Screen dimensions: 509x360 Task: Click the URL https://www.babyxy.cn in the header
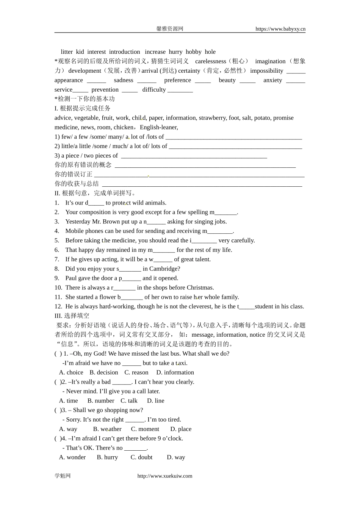280,29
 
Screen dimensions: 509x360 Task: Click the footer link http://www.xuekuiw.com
164,476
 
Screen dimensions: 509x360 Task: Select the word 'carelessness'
210,61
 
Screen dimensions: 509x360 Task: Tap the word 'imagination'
270,61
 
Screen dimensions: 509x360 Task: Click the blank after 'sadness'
147,81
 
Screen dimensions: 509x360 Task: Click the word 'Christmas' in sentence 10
200,288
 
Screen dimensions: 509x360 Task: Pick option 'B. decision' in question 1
104,373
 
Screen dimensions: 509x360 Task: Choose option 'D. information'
175,373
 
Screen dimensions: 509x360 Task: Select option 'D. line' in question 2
156,401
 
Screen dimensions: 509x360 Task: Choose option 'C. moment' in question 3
145,429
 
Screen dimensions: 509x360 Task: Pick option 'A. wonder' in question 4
72,457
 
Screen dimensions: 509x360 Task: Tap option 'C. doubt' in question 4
142,457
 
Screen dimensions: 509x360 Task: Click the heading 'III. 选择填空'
72,316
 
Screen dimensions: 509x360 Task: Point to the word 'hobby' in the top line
194,52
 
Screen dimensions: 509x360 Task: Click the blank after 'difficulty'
180,90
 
